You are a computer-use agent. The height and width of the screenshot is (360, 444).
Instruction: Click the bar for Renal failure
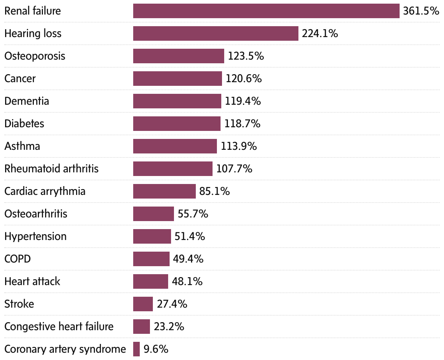266,11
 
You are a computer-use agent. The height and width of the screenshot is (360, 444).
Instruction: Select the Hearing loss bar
215,33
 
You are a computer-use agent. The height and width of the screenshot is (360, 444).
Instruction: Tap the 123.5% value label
246,56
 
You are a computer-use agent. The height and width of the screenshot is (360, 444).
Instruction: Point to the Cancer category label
20,79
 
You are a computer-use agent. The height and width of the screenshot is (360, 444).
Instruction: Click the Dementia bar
177,101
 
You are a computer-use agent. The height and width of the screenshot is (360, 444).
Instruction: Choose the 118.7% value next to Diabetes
242,124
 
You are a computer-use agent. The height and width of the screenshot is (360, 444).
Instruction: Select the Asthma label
22,146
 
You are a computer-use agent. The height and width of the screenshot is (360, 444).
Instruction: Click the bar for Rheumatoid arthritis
173,169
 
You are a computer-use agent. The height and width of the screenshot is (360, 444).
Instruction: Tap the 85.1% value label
215,191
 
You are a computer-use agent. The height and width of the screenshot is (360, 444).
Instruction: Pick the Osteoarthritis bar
153,214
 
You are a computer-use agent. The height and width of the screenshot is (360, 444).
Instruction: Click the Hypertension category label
35,236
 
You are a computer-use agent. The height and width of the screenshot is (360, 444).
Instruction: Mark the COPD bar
151,259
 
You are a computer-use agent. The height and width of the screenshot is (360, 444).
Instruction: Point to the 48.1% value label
187,281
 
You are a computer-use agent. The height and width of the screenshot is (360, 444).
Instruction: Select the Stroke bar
143,304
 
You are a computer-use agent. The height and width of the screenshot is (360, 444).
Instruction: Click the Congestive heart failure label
59,327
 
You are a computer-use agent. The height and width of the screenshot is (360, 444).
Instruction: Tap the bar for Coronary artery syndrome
136,349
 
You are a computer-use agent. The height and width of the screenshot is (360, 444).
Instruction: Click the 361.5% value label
421,11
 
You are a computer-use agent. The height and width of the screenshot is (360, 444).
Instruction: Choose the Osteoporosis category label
35,56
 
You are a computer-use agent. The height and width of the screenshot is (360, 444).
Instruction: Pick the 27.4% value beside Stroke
172,304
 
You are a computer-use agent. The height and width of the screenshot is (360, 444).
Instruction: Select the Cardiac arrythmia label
45,191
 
